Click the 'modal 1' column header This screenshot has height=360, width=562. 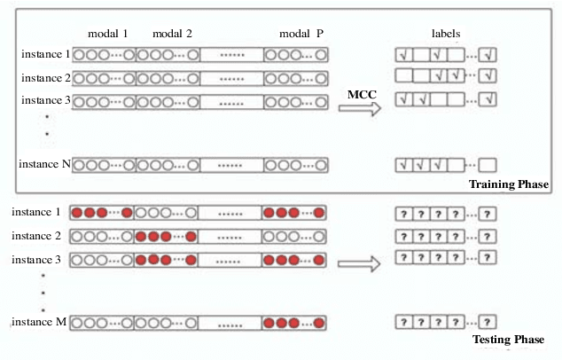(107, 35)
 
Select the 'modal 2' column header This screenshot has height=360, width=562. (172, 35)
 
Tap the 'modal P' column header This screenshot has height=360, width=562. (301, 35)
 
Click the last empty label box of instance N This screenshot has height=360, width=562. (487, 165)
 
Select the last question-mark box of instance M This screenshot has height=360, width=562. (487, 322)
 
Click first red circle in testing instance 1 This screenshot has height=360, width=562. (77, 214)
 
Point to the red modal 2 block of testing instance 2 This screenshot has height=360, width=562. (166, 237)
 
